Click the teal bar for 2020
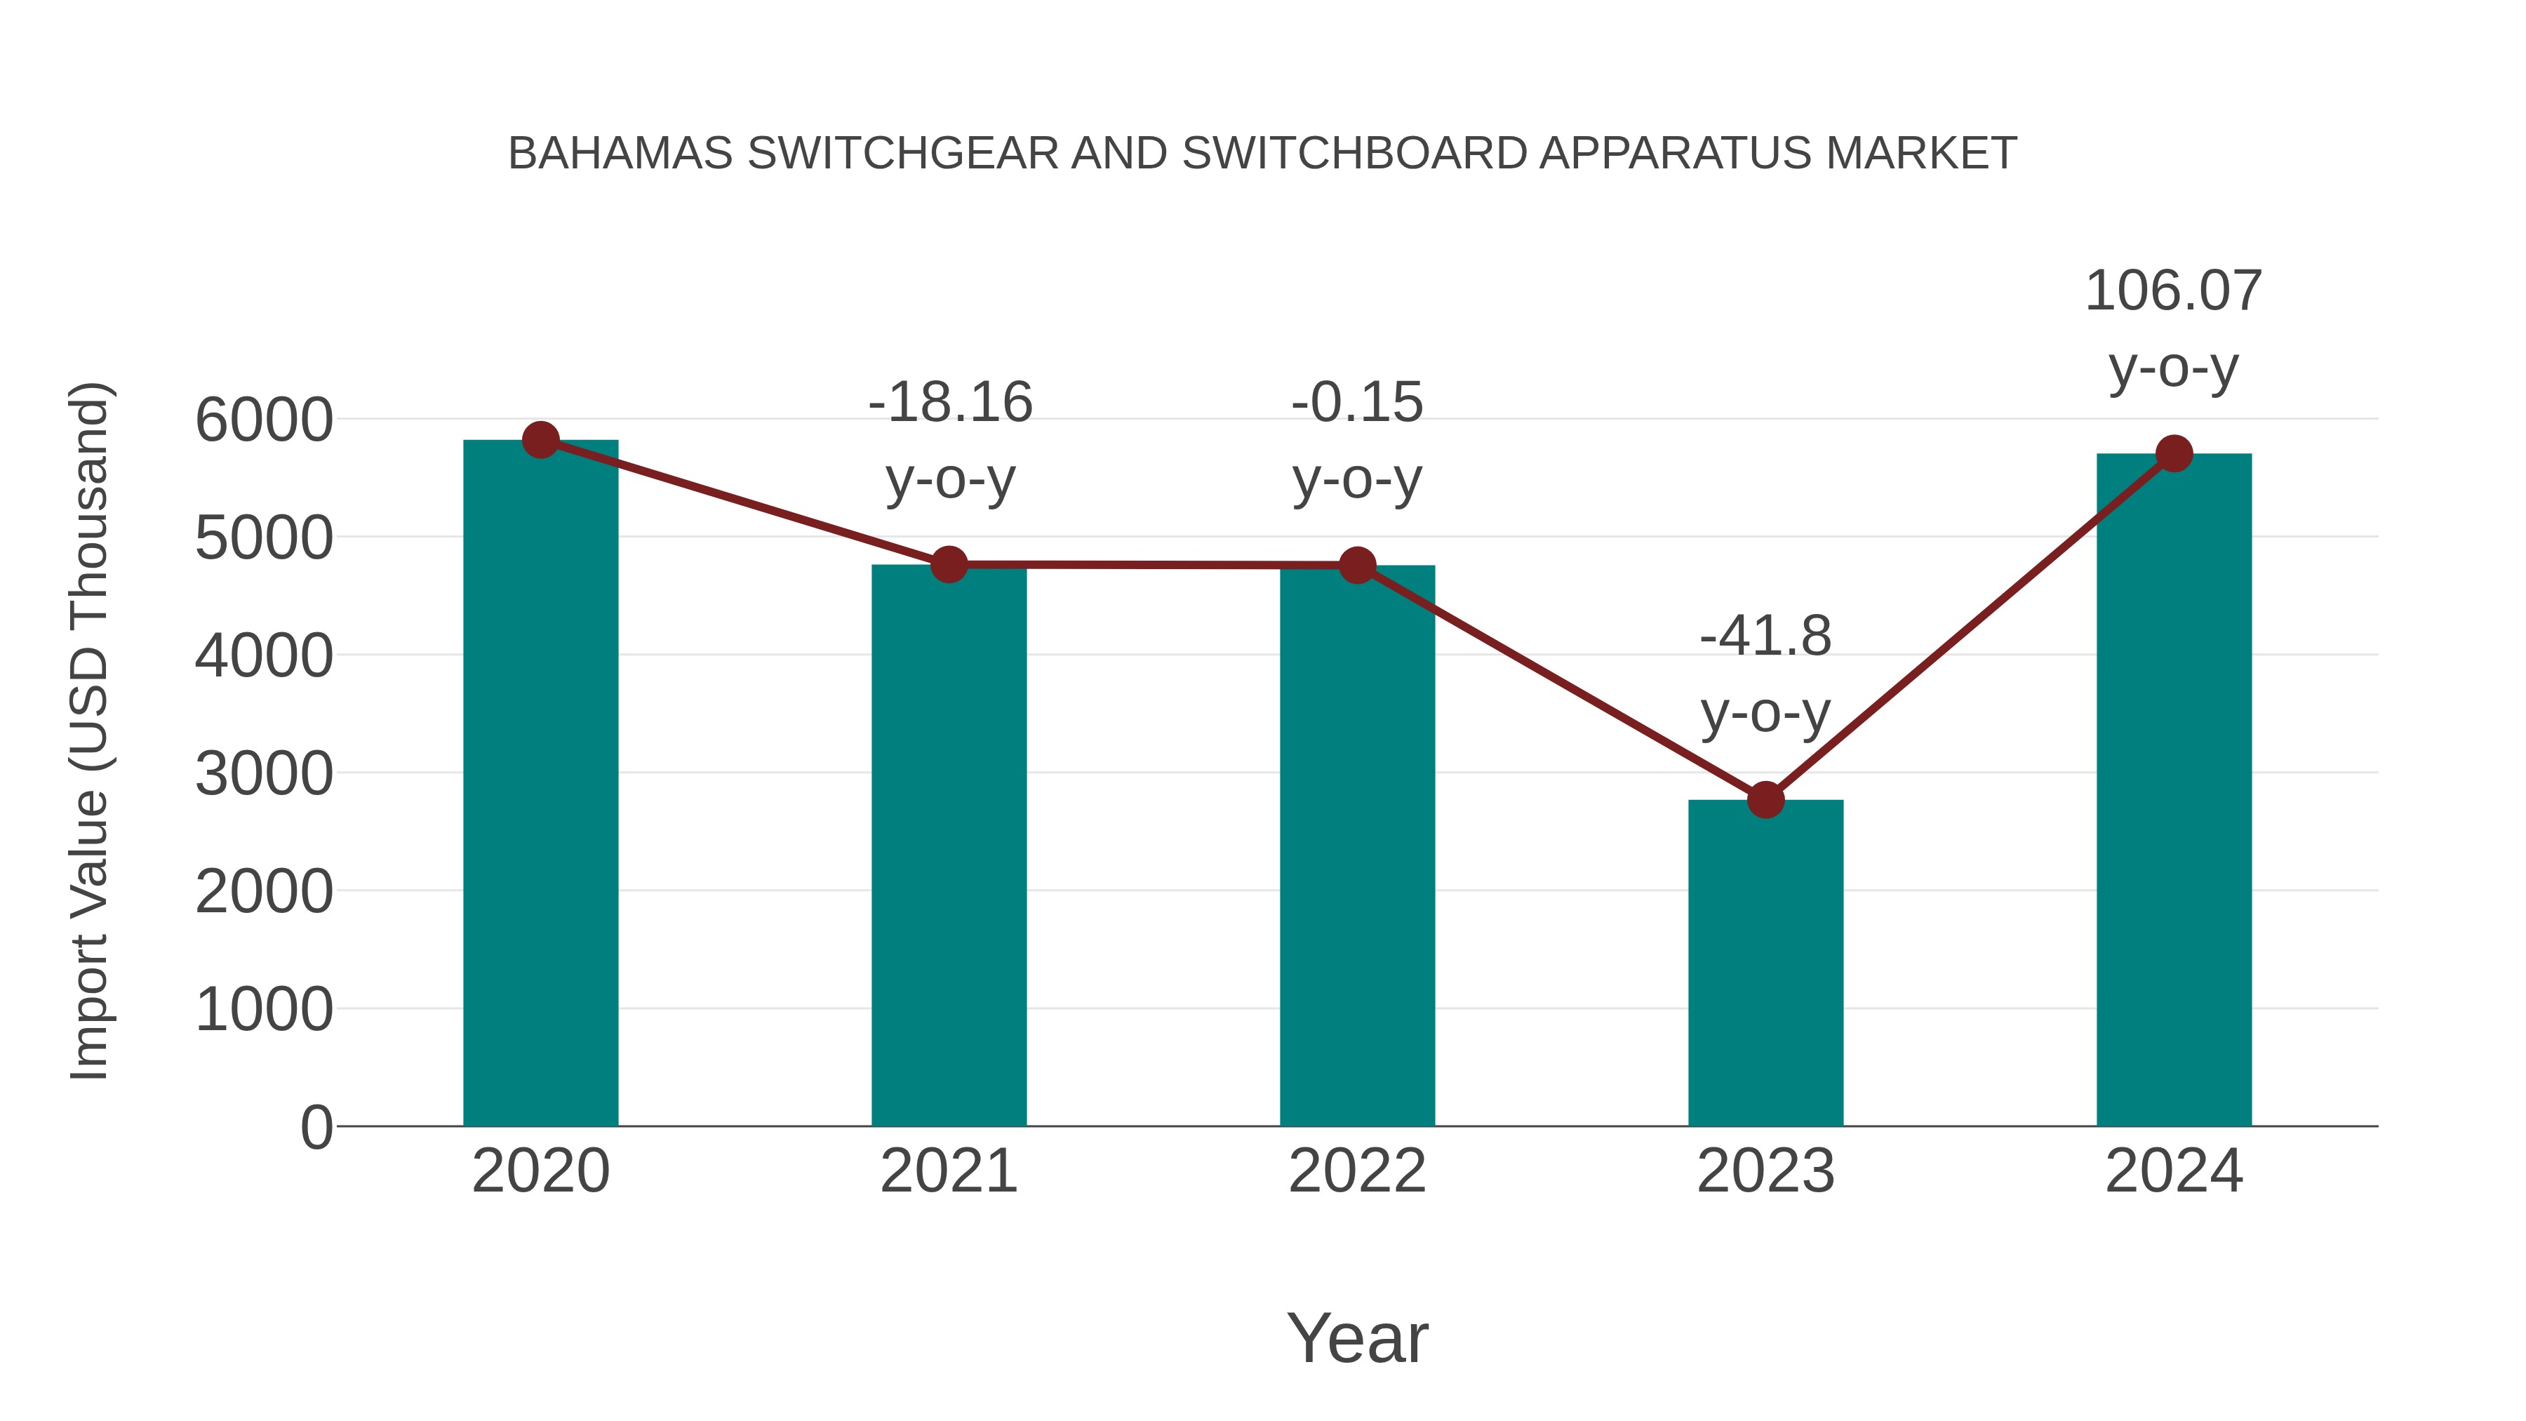pos(540,785)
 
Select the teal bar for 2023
pos(1765,966)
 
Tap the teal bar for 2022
pos(1357,848)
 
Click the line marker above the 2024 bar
pos(2174,453)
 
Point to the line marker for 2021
pos(948,565)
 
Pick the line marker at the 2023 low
pos(1765,800)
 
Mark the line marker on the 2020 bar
pos(540,440)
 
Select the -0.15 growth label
pos(1357,403)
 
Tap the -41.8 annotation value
pos(1765,636)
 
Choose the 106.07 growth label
pos(2173,291)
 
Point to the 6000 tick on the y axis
pos(264,421)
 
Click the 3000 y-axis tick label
pos(264,774)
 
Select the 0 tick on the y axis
pos(316,1127)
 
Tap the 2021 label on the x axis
pos(948,1171)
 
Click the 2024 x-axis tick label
pos(2174,1171)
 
